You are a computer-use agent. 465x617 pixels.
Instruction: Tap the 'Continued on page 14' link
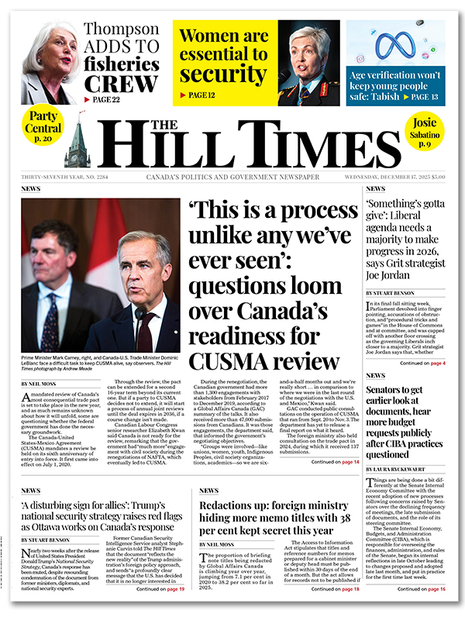point(336,483)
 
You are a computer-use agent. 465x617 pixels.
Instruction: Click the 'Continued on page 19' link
point(163,589)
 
